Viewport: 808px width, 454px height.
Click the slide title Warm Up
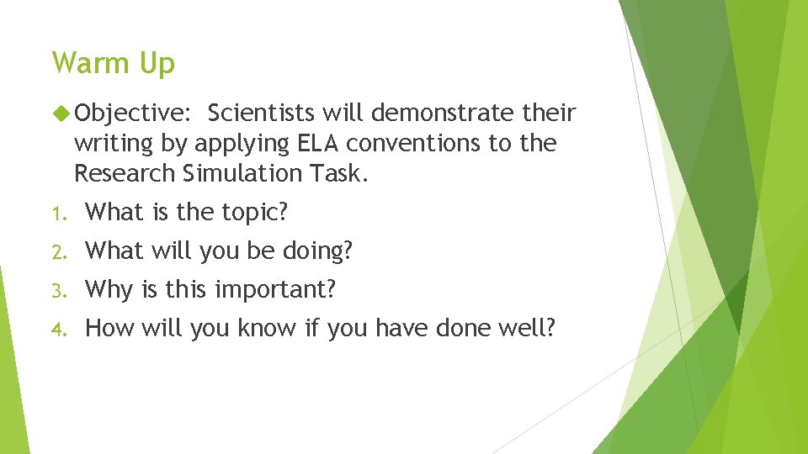tap(113, 64)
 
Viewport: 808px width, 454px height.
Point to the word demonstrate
tap(439, 113)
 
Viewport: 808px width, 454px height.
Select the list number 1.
tap(56, 214)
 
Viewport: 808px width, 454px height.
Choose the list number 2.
tap(56, 251)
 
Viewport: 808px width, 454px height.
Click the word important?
tap(275, 290)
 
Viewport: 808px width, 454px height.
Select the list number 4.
tap(56, 329)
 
